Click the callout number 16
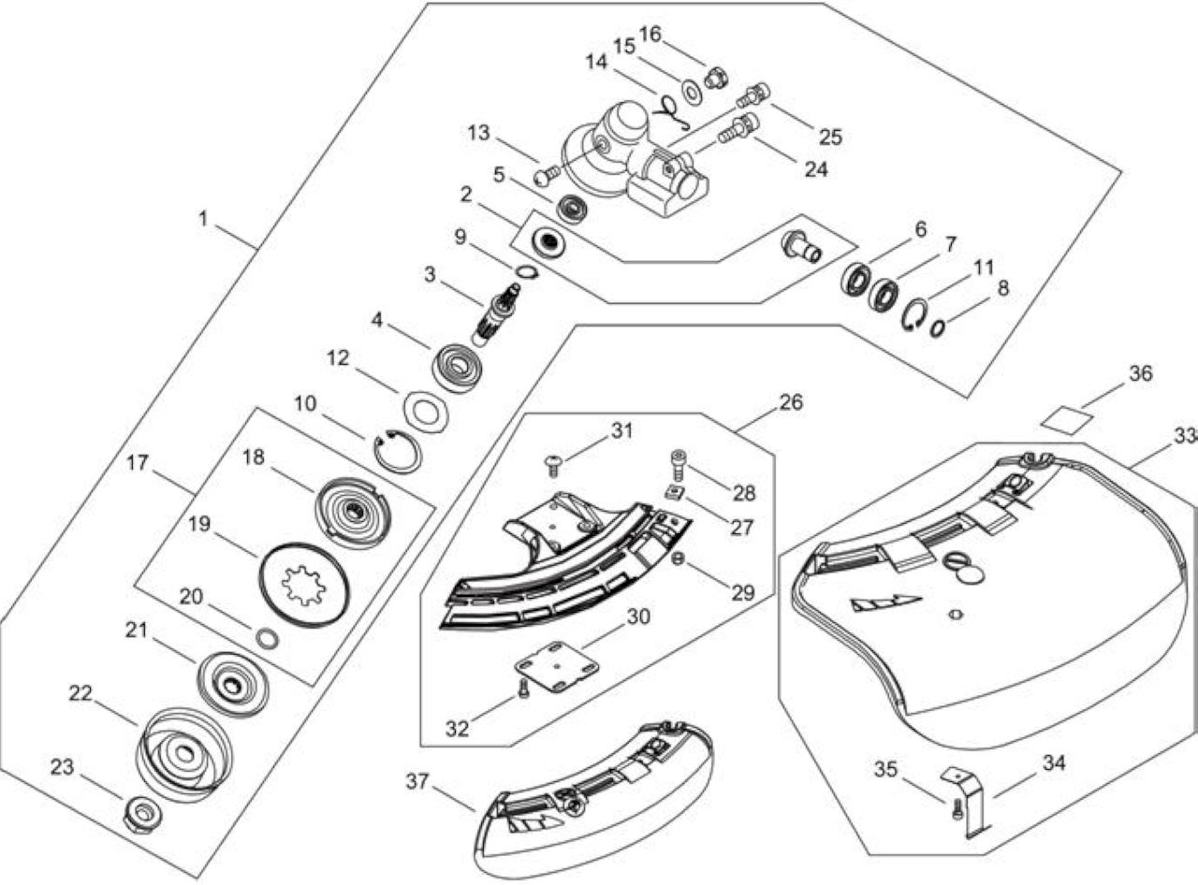(650, 34)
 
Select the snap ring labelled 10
(399, 452)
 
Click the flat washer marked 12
(426, 413)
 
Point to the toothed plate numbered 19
(304, 585)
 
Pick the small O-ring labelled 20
(267, 639)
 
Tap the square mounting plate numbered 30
(558, 666)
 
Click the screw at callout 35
(957, 810)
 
